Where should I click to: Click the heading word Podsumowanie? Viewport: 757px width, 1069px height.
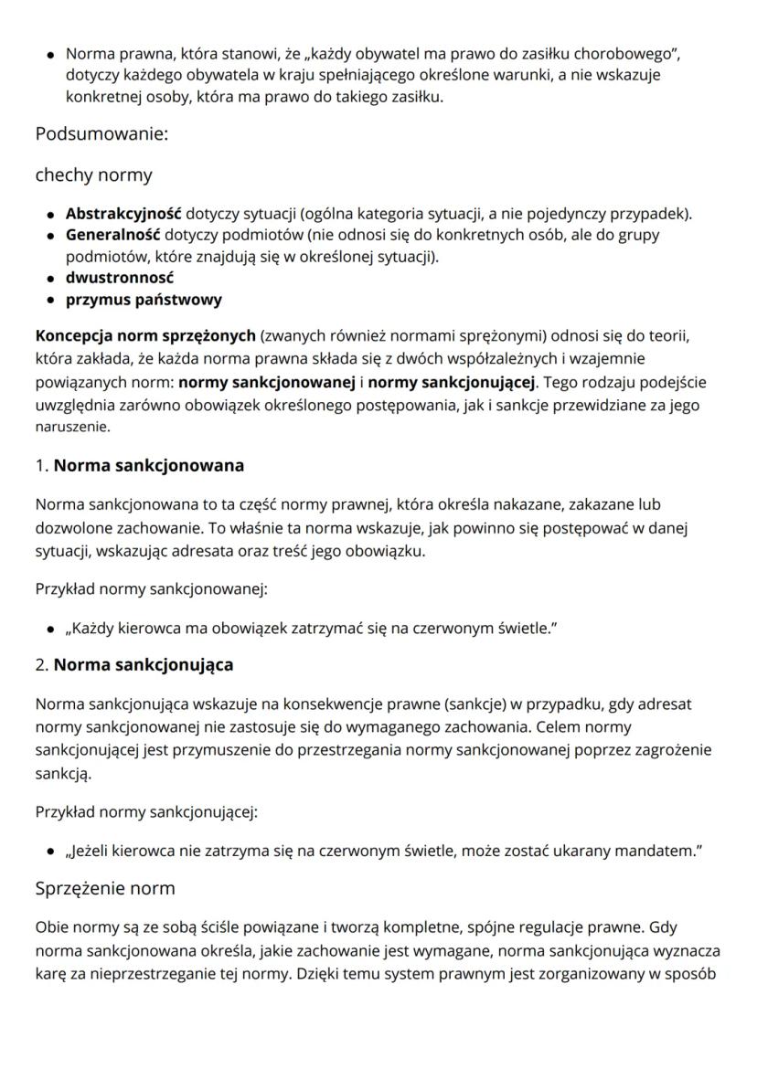point(101,134)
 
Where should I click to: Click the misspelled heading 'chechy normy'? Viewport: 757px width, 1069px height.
point(93,175)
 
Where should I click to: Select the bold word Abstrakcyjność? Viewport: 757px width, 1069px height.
point(123,215)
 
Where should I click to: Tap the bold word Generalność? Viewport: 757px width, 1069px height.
point(113,235)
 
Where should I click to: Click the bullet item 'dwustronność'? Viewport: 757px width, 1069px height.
point(119,277)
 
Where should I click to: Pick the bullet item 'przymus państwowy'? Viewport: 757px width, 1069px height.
point(144,299)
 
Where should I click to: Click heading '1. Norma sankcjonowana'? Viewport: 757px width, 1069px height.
point(139,465)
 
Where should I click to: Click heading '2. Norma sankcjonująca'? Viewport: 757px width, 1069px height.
point(133,664)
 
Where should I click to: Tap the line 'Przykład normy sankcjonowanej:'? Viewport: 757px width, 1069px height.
point(151,589)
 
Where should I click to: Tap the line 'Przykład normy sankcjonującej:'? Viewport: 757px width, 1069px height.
point(146,810)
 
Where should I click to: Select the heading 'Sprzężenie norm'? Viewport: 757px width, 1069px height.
point(104,887)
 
